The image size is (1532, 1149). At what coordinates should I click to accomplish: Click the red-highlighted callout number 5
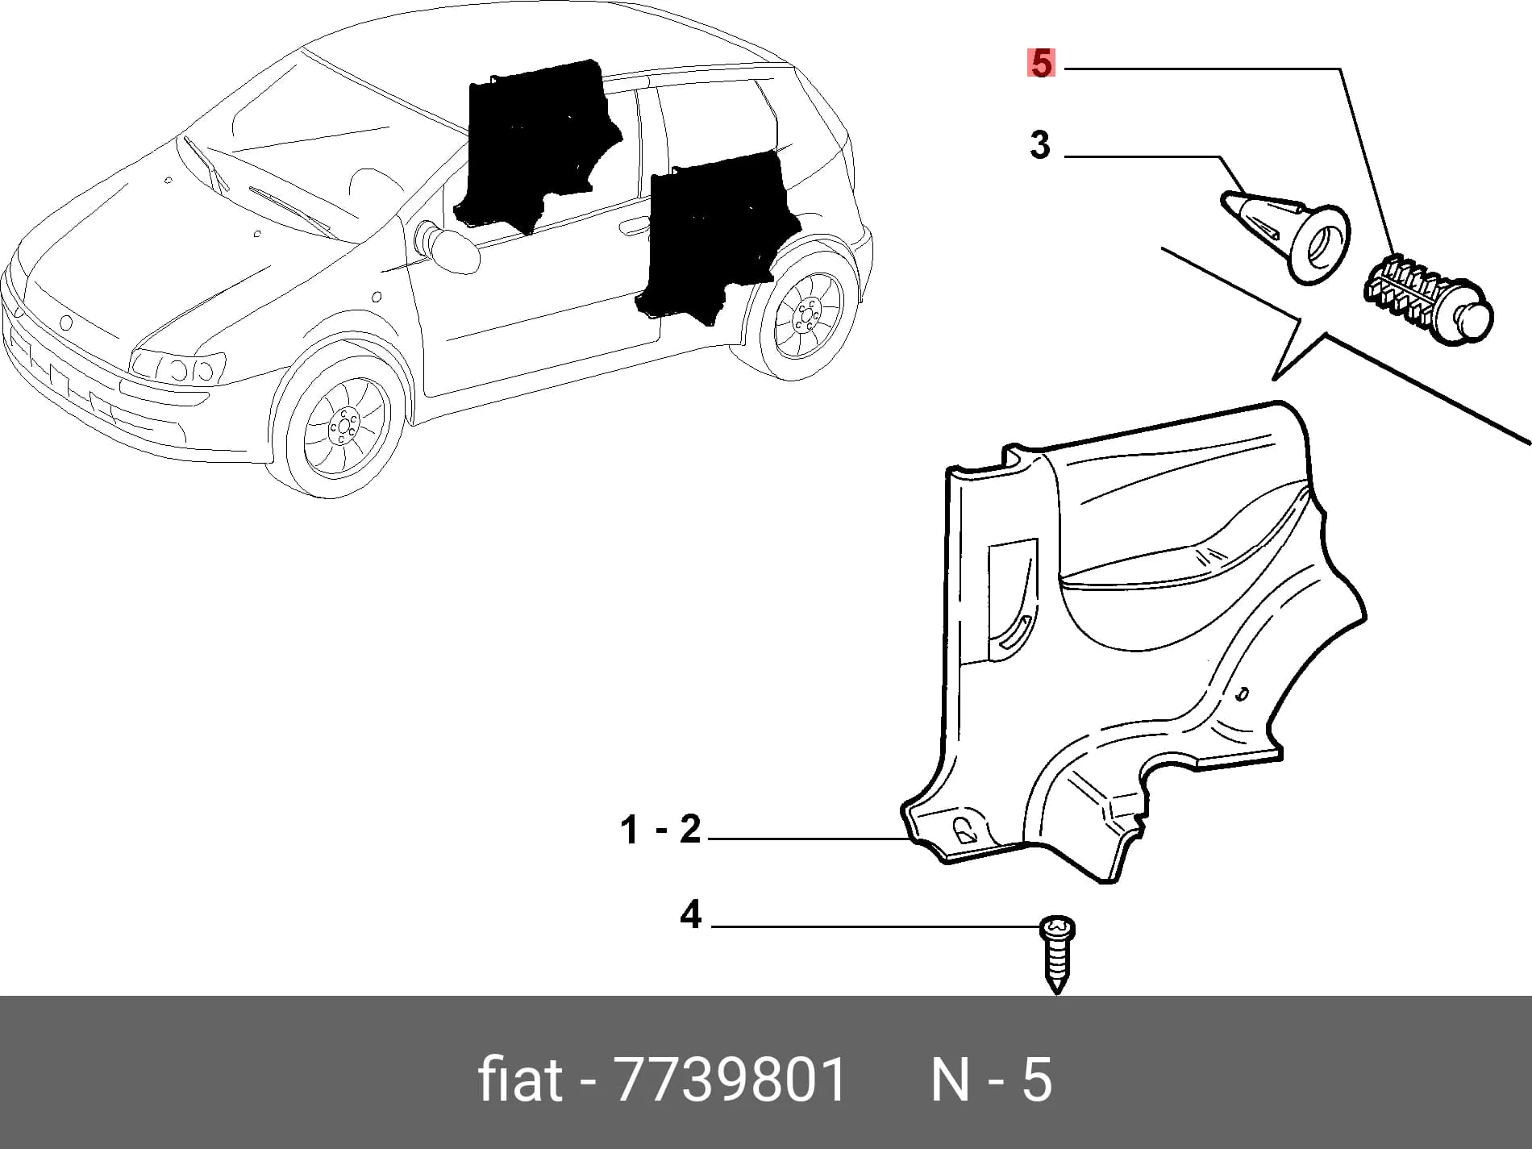coord(1041,63)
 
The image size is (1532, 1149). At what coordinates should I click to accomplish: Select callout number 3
coord(1040,145)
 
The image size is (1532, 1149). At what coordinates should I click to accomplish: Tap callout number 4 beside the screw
coord(690,915)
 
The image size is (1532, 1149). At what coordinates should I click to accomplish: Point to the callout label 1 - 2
coord(660,830)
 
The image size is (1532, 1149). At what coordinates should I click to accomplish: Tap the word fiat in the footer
coord(519,1080)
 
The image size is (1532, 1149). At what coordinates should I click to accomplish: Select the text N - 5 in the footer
coord(992,1080)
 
